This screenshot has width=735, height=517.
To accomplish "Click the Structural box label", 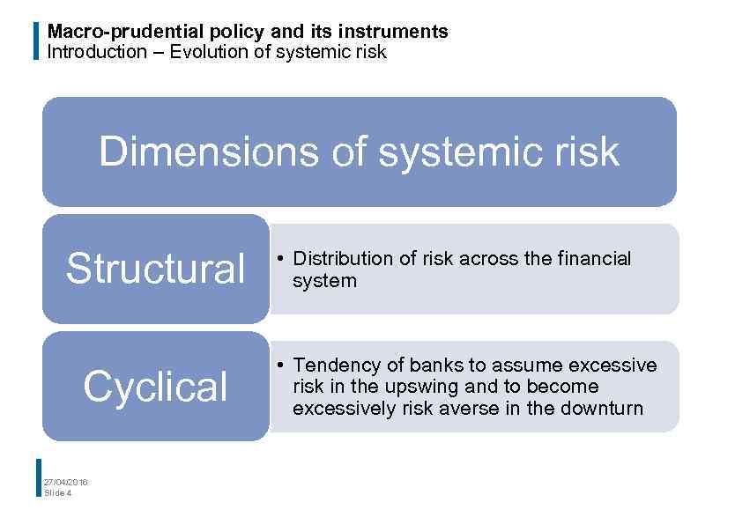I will pyautogui.click(x=156, y=269).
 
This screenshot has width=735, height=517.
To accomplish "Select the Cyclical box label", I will pyautogui.click(x=156, y=387).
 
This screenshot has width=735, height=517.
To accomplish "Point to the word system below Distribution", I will pyautogui.click(x=324, y=281).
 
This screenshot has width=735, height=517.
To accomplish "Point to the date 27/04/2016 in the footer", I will pyautogui.click(x=66, y=481).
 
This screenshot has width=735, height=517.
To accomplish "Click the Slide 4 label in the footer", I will pyautogui.click(x=58, y=492).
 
